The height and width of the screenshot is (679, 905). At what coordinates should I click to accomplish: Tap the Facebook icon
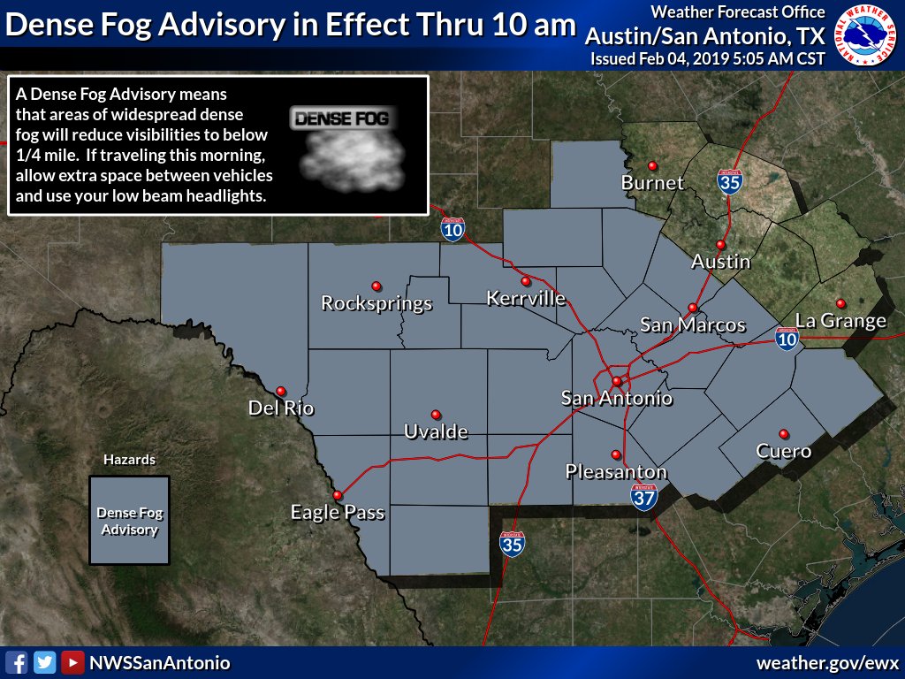coord(17,662)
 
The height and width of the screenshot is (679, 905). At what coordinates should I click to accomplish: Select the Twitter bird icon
coord(45,662)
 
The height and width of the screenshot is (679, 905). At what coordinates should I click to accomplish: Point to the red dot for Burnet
coord(652,165)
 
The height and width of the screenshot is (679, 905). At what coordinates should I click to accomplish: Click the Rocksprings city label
coord(376,304)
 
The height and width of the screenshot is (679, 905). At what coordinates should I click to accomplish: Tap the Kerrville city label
coord(526,299)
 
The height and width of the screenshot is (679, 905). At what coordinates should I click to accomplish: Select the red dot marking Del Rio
coord(281,391)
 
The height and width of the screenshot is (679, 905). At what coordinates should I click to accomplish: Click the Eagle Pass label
coord(338,513)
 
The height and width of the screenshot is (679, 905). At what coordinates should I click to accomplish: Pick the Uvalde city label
coord(435,432)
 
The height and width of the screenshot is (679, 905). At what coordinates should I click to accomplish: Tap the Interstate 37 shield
coord(644,498)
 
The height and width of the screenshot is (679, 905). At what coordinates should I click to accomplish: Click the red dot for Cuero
coord(783,433)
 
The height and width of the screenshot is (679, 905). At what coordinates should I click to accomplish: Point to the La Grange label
coord(840,321)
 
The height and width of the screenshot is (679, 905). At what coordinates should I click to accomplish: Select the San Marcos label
coord(693,325)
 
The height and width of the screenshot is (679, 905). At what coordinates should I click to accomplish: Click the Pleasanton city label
coord(616,472)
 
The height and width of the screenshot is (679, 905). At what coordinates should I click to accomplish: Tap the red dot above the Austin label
coord(720,245)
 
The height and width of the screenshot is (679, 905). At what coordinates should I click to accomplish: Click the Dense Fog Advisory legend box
coord(129,521)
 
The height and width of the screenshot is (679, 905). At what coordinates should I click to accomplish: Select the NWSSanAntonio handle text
coord(160,663)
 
